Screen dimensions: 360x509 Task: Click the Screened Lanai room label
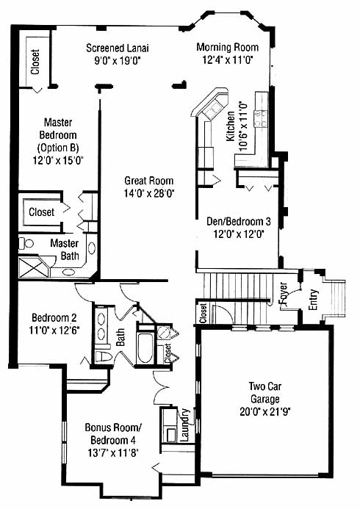118,48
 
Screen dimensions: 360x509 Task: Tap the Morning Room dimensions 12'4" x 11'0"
227,60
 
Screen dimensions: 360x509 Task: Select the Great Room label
149,181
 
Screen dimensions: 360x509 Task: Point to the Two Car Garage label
264,392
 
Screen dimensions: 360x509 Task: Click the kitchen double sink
212,109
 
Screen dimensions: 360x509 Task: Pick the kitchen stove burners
261,118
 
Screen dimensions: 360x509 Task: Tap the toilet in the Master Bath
26,243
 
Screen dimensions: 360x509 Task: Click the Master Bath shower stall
34,267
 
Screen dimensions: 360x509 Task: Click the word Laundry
184,425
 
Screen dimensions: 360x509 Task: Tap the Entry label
313,299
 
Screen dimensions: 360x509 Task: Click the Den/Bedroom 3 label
239,222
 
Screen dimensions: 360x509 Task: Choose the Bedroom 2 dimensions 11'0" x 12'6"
54,330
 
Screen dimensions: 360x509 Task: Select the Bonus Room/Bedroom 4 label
113,433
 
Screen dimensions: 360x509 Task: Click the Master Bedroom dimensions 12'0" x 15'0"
59,160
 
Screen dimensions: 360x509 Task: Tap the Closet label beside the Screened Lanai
35,62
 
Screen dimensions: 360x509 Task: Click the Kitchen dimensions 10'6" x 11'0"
242,126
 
